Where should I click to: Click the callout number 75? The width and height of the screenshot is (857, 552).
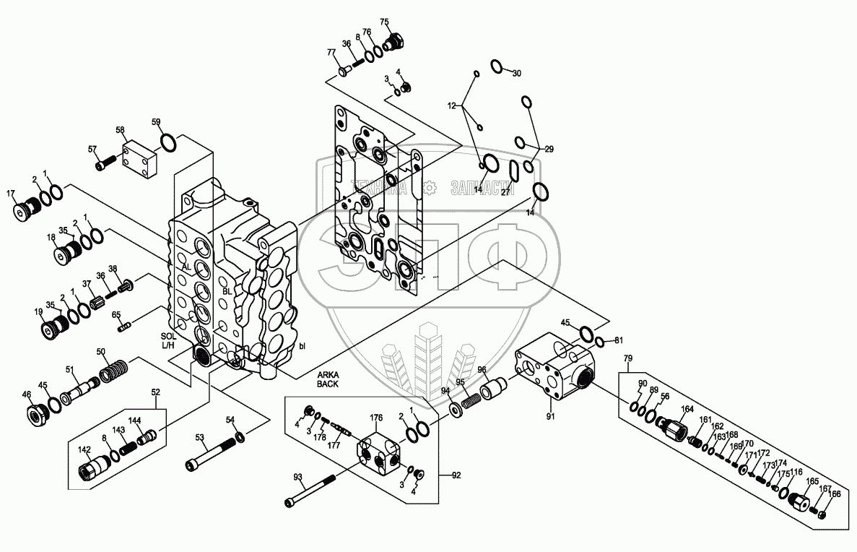click(x=384, y=22)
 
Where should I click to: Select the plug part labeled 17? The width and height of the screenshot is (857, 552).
click(x=26, y=208)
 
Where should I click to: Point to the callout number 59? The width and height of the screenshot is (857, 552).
click(x=156, y=122)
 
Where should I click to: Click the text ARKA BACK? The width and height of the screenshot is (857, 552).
click(x=328, y=380)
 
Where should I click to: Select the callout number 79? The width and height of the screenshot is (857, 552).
click(x=627, y=358)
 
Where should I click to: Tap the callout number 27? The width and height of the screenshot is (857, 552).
click(x=506, y=193)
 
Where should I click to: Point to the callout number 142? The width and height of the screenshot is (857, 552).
click(x=84, y=449)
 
